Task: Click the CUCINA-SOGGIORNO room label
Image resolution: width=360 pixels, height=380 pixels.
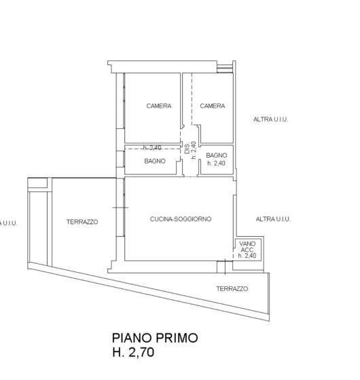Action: (181, 218)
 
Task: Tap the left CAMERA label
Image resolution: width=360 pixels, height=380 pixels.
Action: (159, 106)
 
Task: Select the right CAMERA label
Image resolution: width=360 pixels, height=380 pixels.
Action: (213, 106)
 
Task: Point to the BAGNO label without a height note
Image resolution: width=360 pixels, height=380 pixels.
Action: (155, 161)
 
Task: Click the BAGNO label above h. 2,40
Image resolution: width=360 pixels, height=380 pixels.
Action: (217, 155)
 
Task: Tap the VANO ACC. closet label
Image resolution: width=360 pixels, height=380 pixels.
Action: (247, 247)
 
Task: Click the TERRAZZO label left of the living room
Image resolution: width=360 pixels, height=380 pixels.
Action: (82, 222)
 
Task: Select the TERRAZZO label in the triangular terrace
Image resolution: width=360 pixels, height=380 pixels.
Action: (232, 288)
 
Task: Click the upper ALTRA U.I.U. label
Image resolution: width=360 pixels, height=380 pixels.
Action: (271, 119)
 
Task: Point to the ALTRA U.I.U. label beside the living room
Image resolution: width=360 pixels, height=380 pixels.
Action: (273, 219)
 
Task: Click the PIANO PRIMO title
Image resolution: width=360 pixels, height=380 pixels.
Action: (155, 338)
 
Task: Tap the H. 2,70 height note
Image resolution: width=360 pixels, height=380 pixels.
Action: (133, 352)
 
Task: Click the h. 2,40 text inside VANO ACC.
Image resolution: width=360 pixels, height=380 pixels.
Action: (247, 256)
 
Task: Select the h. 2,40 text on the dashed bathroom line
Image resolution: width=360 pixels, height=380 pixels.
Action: (152, 148)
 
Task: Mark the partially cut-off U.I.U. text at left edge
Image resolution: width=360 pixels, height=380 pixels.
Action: (9, 223)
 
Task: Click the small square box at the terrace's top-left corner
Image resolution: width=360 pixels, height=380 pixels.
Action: (37, 183)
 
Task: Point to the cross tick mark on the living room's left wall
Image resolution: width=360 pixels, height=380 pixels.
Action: (121, 208)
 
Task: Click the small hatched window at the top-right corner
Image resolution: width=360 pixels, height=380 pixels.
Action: (225, 69)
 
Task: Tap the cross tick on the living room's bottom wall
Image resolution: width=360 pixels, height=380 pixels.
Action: (225, 267)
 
